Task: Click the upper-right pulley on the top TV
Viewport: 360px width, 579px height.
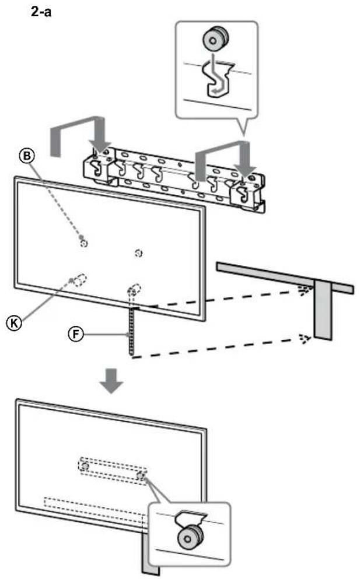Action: [138, 253]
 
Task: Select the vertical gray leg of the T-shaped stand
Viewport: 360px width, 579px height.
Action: [322, 310]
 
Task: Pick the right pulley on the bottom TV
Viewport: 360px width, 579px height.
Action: [141, 475]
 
